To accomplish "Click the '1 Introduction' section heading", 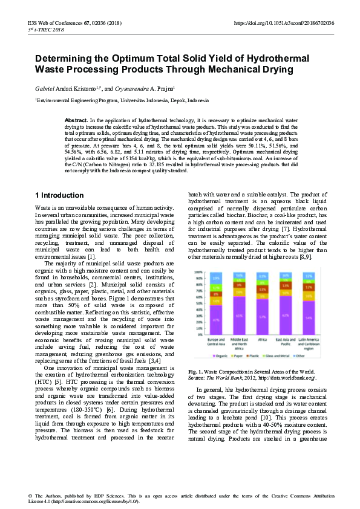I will (59, 195).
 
